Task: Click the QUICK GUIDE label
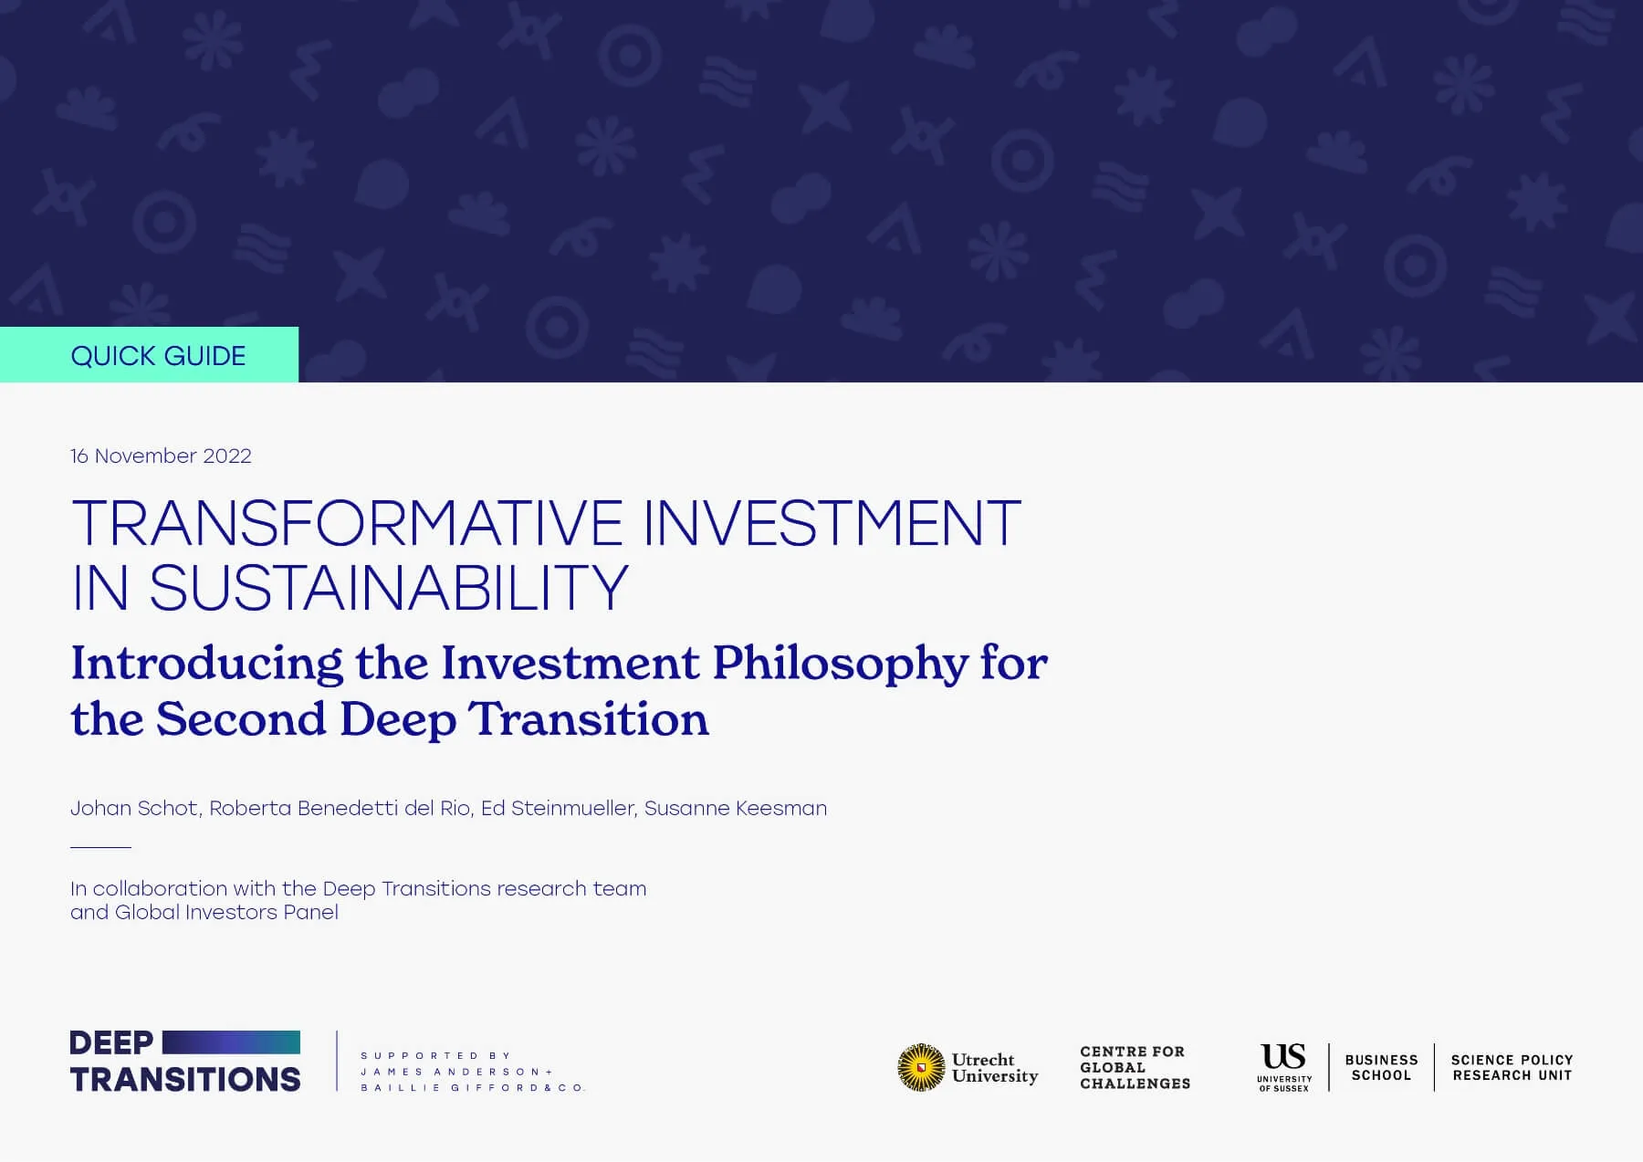point(158,356)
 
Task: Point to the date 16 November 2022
point(161,456)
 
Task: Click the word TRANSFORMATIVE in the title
point(347,524)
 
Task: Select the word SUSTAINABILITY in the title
point(388,588)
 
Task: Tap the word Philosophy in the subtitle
point(839,664)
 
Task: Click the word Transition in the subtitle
point(589,720)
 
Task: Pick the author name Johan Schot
point(134,809)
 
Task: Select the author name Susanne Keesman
point(736,809)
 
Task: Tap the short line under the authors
point(100,848)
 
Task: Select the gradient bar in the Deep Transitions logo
point(231,1042)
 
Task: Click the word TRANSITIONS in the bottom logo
point(185,1080)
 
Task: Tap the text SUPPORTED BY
point(436,1056)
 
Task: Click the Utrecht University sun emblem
point(920,1067)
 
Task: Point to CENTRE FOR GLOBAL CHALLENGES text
point(1135,1068)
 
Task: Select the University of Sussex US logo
point(1283,1065)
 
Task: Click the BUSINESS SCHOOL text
point(1381,1068)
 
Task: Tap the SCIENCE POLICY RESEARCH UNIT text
point(1512,1068)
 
